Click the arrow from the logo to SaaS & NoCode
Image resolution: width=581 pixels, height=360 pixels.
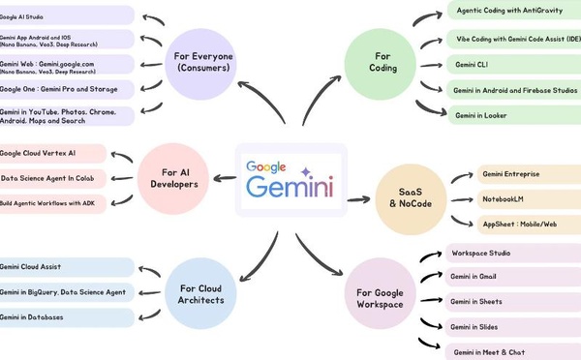coord(358,198)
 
